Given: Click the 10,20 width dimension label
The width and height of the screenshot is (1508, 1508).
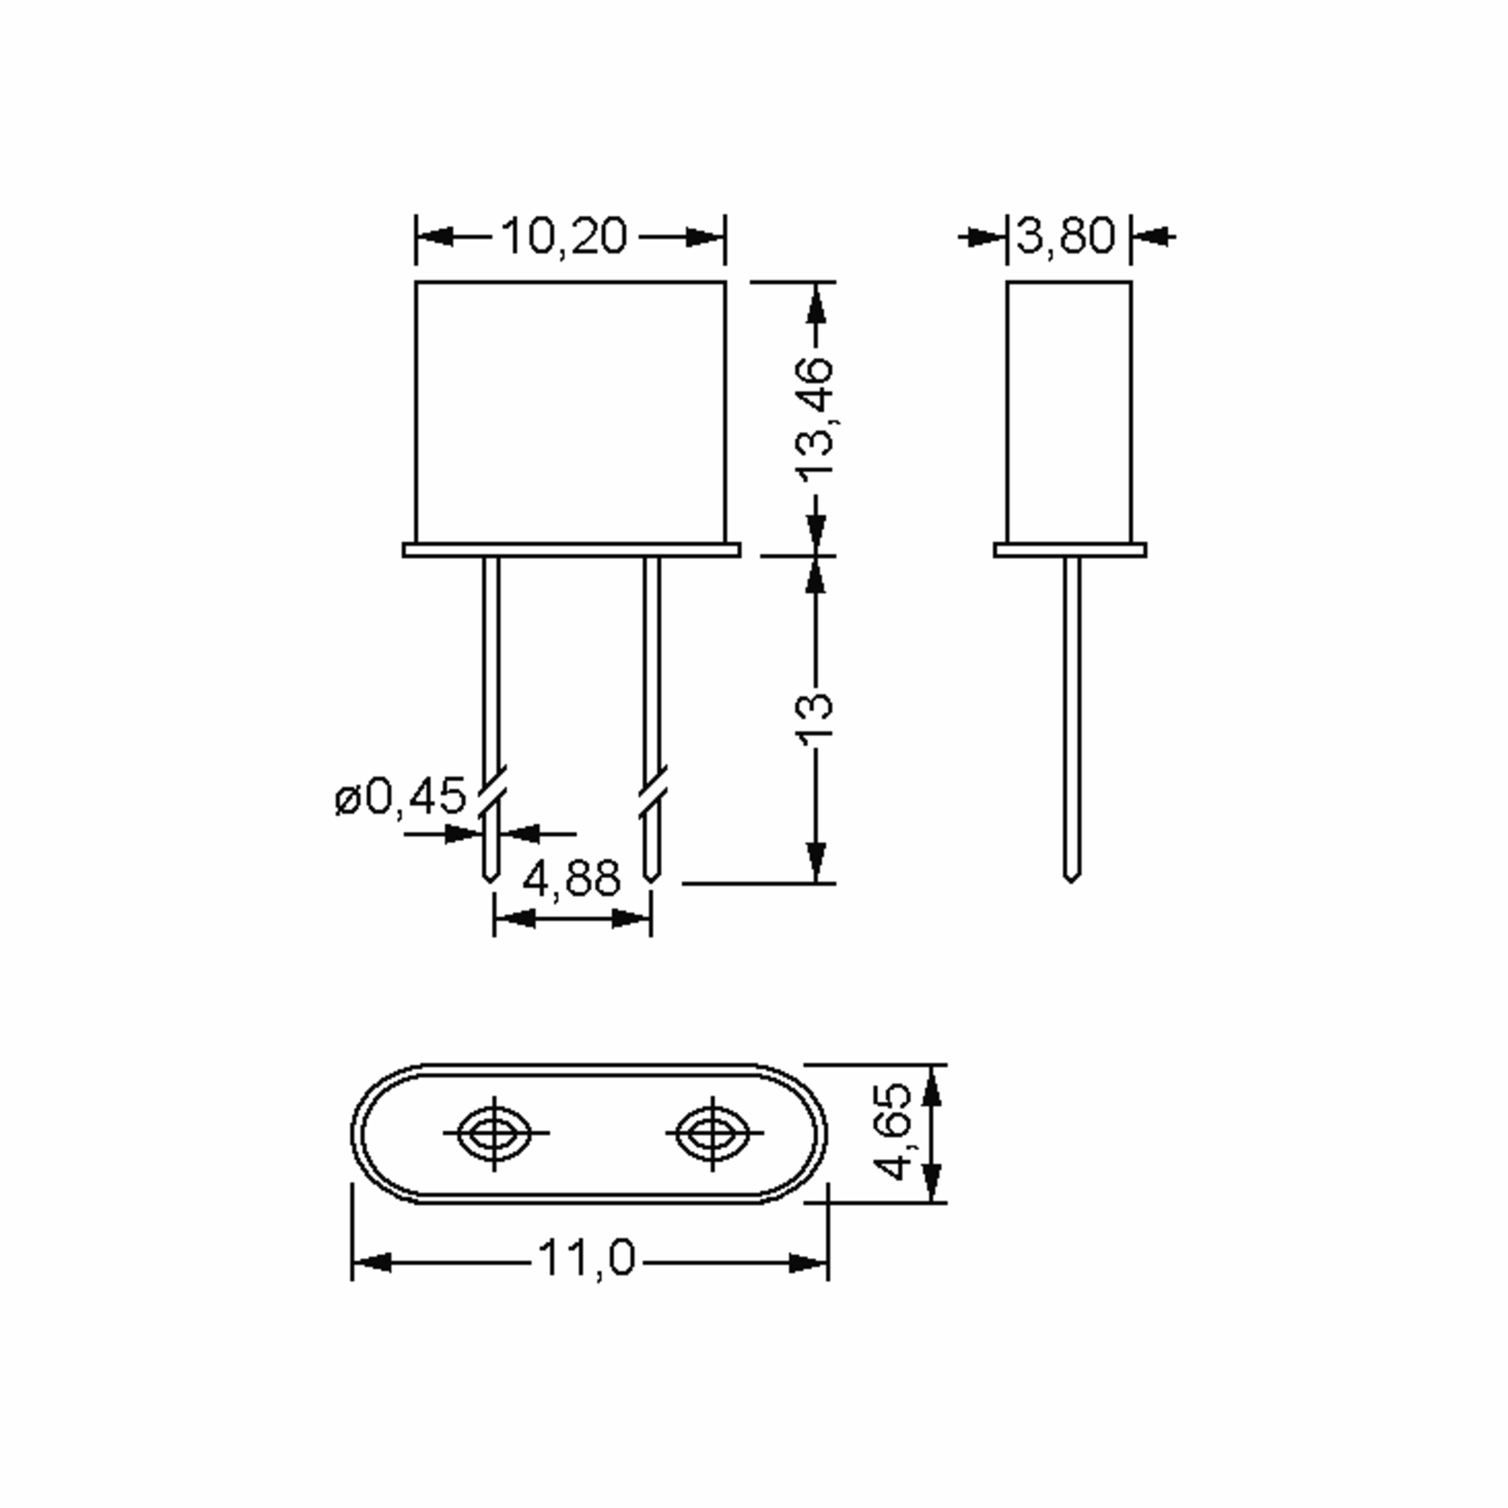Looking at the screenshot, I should click(x=564, y=236).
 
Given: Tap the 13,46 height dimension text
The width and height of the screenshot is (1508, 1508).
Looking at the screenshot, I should click(x=816, y=418).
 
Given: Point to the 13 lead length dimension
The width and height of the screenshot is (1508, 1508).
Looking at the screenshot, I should click(x=816, y=714).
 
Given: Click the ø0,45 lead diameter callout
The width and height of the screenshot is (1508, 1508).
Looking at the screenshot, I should click(x=400, y=797).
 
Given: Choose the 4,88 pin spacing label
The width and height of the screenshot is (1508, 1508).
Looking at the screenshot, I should click(x=571, y=878).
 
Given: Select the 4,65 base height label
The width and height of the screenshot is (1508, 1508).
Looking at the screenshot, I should click(x=892, y=1131).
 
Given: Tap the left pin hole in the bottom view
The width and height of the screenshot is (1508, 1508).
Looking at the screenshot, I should click(x=494, y=1132).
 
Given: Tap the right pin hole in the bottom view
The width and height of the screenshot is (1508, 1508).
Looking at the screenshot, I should click(x=712, y=1132).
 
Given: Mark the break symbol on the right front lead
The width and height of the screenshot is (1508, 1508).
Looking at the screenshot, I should click(x=653, y=792).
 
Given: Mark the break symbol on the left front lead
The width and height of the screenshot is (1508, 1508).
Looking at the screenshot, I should click(x=491, y=792).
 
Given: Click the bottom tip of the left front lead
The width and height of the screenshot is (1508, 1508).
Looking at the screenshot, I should click(x=490, y=880).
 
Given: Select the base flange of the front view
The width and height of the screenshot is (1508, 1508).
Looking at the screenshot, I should click(x=571, y=550).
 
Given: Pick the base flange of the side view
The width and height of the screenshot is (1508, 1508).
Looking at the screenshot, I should click(x=1070, y=550).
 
